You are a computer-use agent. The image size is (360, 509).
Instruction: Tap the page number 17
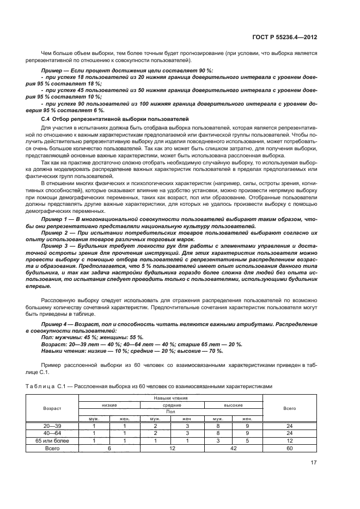point(313,463)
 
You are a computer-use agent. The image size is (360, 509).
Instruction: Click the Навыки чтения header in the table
point(171,398)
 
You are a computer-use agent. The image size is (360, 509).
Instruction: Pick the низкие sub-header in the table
point(109,406)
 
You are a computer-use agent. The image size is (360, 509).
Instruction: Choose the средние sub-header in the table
point(172,406)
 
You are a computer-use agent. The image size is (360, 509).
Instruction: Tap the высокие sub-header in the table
point(233,406)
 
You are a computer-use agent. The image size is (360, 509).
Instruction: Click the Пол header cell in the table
point(171,412)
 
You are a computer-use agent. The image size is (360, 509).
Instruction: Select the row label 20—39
point(52,426)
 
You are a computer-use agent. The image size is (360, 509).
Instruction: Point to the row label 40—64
point(52,433)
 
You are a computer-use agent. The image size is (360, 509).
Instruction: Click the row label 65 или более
point(52,440)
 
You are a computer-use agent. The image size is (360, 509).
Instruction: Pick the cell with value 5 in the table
point(248,440)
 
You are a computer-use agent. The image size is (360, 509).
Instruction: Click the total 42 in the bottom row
point(233,448)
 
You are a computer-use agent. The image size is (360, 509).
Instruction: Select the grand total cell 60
point(290,448)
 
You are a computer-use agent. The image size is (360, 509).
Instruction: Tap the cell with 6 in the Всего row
point(109,448)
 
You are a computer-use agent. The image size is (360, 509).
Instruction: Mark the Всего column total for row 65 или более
point(290,440)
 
